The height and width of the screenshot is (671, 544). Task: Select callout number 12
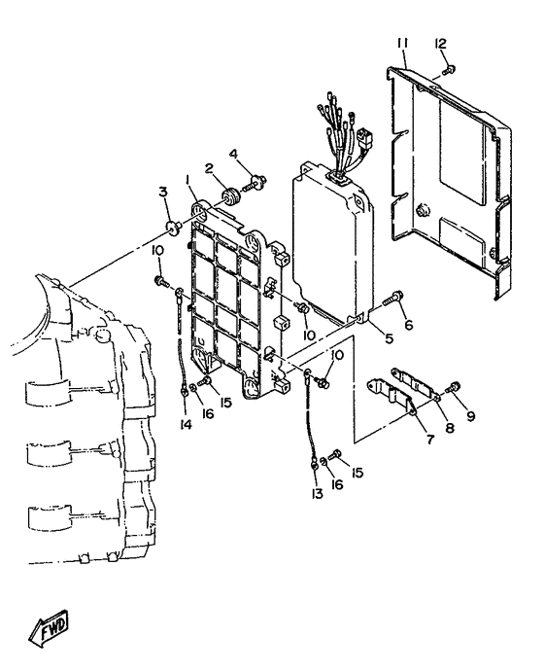pyautogui.click(x=440, y=44)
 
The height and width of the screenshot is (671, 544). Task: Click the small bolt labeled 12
pyautogui.click(x=449, y=68)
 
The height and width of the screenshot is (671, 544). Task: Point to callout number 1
pyautogui.click(x=189, y=181)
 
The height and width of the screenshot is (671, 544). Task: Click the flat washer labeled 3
pyautogui.click(x=172, y=229)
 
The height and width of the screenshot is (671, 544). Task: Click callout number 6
pyautogui.click(x=409, y=326)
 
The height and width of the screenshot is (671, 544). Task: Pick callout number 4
pyautogui.click(x=232, y=153)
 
